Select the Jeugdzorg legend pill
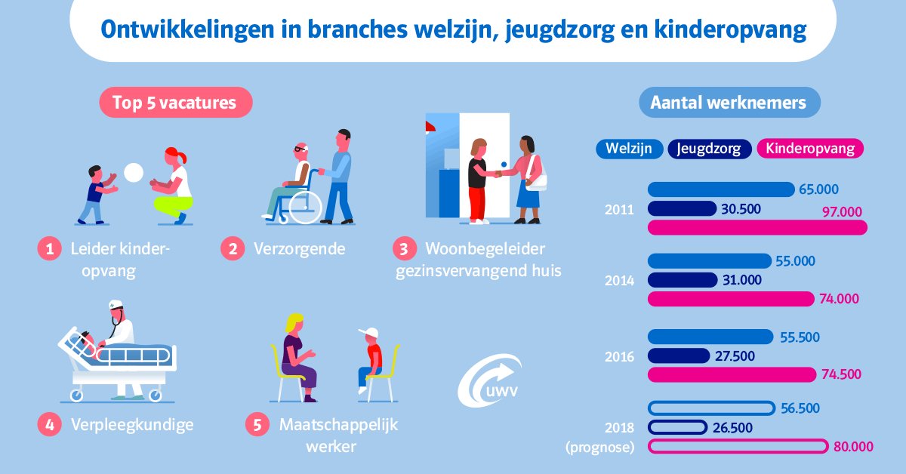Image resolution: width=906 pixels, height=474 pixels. click(709, 149)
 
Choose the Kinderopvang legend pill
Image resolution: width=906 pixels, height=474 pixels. click(810, 149)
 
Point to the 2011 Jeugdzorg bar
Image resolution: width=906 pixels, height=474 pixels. click(682, 208)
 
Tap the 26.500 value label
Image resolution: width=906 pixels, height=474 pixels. click(732, 428)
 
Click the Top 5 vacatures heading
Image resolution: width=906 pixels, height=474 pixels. click(174, 102)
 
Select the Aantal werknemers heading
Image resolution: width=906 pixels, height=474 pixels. click(729, 102)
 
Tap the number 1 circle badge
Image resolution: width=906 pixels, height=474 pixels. click(48, 249)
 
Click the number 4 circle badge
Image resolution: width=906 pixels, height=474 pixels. click(48, 424)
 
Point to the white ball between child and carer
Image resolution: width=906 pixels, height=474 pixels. click(134, 173)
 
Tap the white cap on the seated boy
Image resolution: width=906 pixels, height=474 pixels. click(368, 334)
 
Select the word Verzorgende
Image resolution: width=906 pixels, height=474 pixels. click(300, 248)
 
